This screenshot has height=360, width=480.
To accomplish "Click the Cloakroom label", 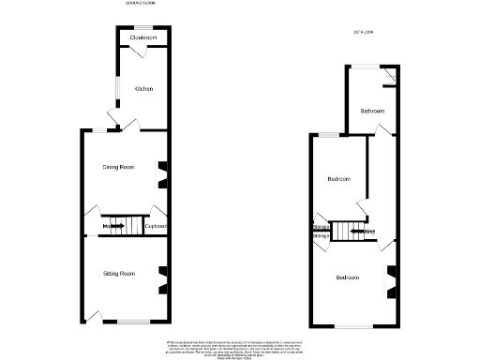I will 142,38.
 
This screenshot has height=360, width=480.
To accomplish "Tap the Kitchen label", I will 143,89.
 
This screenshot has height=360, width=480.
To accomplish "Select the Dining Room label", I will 119,167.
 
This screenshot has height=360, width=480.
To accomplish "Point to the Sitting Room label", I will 119,274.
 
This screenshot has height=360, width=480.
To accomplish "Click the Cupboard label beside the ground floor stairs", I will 156,226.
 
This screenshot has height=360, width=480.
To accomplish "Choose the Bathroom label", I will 371,111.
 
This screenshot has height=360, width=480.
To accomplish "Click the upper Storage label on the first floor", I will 321,226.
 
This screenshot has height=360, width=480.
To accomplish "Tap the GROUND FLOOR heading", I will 141,4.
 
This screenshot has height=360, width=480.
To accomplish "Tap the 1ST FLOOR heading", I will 363,33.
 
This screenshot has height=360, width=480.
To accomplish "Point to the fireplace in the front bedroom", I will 392,277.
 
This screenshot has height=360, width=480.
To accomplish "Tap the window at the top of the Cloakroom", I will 142,26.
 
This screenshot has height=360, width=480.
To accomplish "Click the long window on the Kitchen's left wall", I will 117,92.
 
